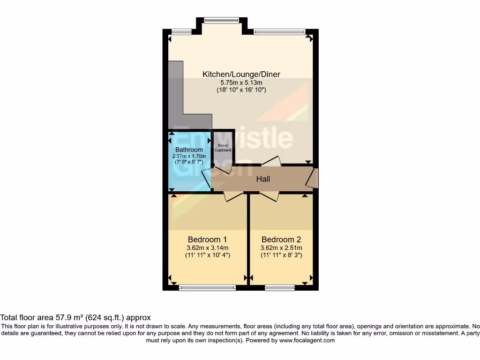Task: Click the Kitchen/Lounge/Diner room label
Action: pos(241,74)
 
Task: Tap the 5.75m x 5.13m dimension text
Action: pos(241,82)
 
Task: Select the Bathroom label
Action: pos(190,150)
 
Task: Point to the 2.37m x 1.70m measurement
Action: pos(190,157)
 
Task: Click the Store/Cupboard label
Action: pos(223,148)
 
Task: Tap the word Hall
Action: pos(263,179)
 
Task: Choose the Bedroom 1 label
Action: pos(207,239)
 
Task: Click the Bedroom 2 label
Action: pos(281,239)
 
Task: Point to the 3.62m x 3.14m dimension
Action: pos(207,248)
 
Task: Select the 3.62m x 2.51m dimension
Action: pos(281,248)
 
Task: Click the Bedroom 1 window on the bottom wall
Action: pos(208,288)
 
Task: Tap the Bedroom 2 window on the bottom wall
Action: pos(280,288)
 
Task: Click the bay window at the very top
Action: pos(221,20)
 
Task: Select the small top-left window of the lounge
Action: pos(181,32)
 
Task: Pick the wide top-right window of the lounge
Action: pos(279,32)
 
